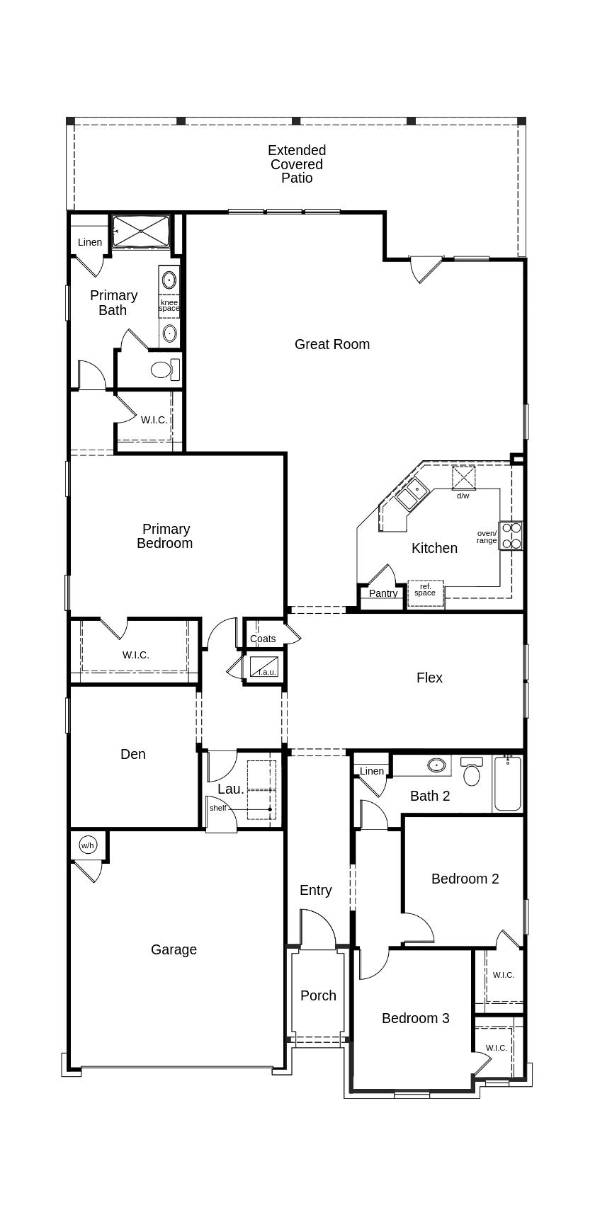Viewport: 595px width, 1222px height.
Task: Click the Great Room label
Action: (x=332, y=345)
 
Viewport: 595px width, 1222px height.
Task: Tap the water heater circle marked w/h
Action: (x=88, y=845)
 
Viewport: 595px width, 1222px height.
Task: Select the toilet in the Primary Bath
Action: (x=165, y=369)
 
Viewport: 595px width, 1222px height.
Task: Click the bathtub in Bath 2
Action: (x=507, y=784)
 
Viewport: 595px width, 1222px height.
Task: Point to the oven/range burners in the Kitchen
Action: (x=511, y=535)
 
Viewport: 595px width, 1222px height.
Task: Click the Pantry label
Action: (x=383, y=593)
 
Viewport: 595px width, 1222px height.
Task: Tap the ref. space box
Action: (x=426, y=593)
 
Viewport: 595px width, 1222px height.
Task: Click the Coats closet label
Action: (x=263, y=639)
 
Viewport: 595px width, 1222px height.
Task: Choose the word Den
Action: (x=133, y=755)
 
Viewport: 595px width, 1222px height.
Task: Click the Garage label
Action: (x=174, y=950)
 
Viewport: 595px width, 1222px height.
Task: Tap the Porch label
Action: (x=318, y=996)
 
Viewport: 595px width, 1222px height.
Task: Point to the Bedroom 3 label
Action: (x=416, y=1019)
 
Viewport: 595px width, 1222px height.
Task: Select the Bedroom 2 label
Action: (x=465, y=879)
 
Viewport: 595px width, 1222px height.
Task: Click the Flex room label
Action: (x=429, y=678)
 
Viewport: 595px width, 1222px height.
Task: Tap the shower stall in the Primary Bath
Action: (x=141, y=231)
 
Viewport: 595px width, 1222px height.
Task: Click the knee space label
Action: (x=169, y=306)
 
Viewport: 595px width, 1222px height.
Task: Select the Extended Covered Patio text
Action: (x=297, y=164)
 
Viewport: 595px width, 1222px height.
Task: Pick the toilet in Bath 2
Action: (x=472, y=771)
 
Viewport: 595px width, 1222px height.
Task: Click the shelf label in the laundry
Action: (x=218, y=808)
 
